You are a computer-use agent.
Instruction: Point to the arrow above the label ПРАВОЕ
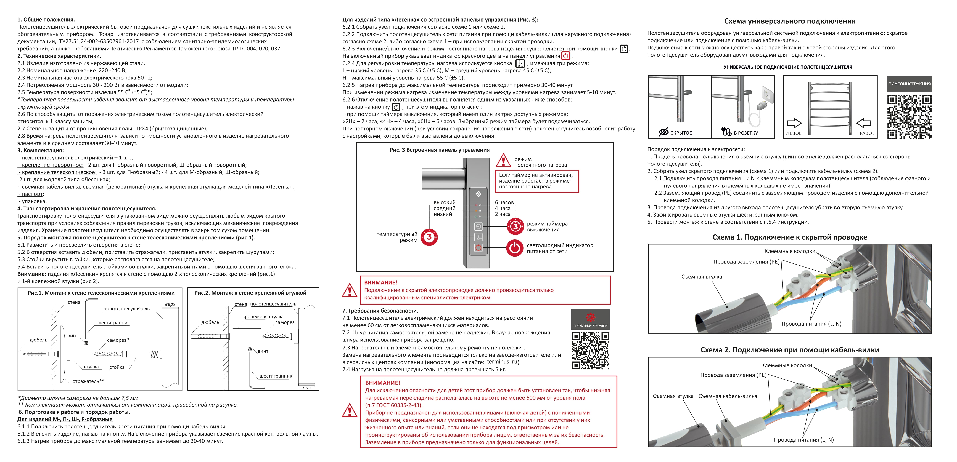864,123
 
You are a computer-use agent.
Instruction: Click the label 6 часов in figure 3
504,202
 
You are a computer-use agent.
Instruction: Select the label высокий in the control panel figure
444,202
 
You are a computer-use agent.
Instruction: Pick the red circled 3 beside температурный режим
429,237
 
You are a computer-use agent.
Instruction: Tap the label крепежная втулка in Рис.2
263,317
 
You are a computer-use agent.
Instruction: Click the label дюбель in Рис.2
210,322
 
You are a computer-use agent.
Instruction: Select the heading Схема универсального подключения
789,21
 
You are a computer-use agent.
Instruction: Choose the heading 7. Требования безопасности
380,311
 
